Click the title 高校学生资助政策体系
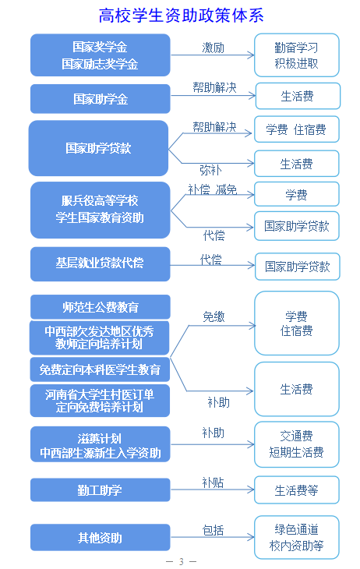pos(181,16)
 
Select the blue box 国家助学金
pos(101,99)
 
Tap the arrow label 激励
pos(213,48)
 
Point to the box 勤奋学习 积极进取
pos(296,55)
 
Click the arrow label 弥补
pos(210,170)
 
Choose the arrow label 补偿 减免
pos(212,189)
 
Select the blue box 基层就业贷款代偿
pos(101,263)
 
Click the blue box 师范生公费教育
pos(101,307)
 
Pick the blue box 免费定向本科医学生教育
pos(100,369)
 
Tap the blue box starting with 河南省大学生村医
pos(100,401)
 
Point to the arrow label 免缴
pos(214,316)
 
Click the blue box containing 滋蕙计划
pos(101,444)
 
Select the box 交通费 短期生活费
pos(296,444)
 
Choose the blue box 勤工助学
pos(101,490)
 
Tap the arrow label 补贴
pos(213,482)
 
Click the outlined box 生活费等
pos(296,490)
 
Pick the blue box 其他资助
pos(101,537)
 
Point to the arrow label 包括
pos(213,530)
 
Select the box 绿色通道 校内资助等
pos(296,537)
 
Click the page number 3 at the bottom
pos(181,562)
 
